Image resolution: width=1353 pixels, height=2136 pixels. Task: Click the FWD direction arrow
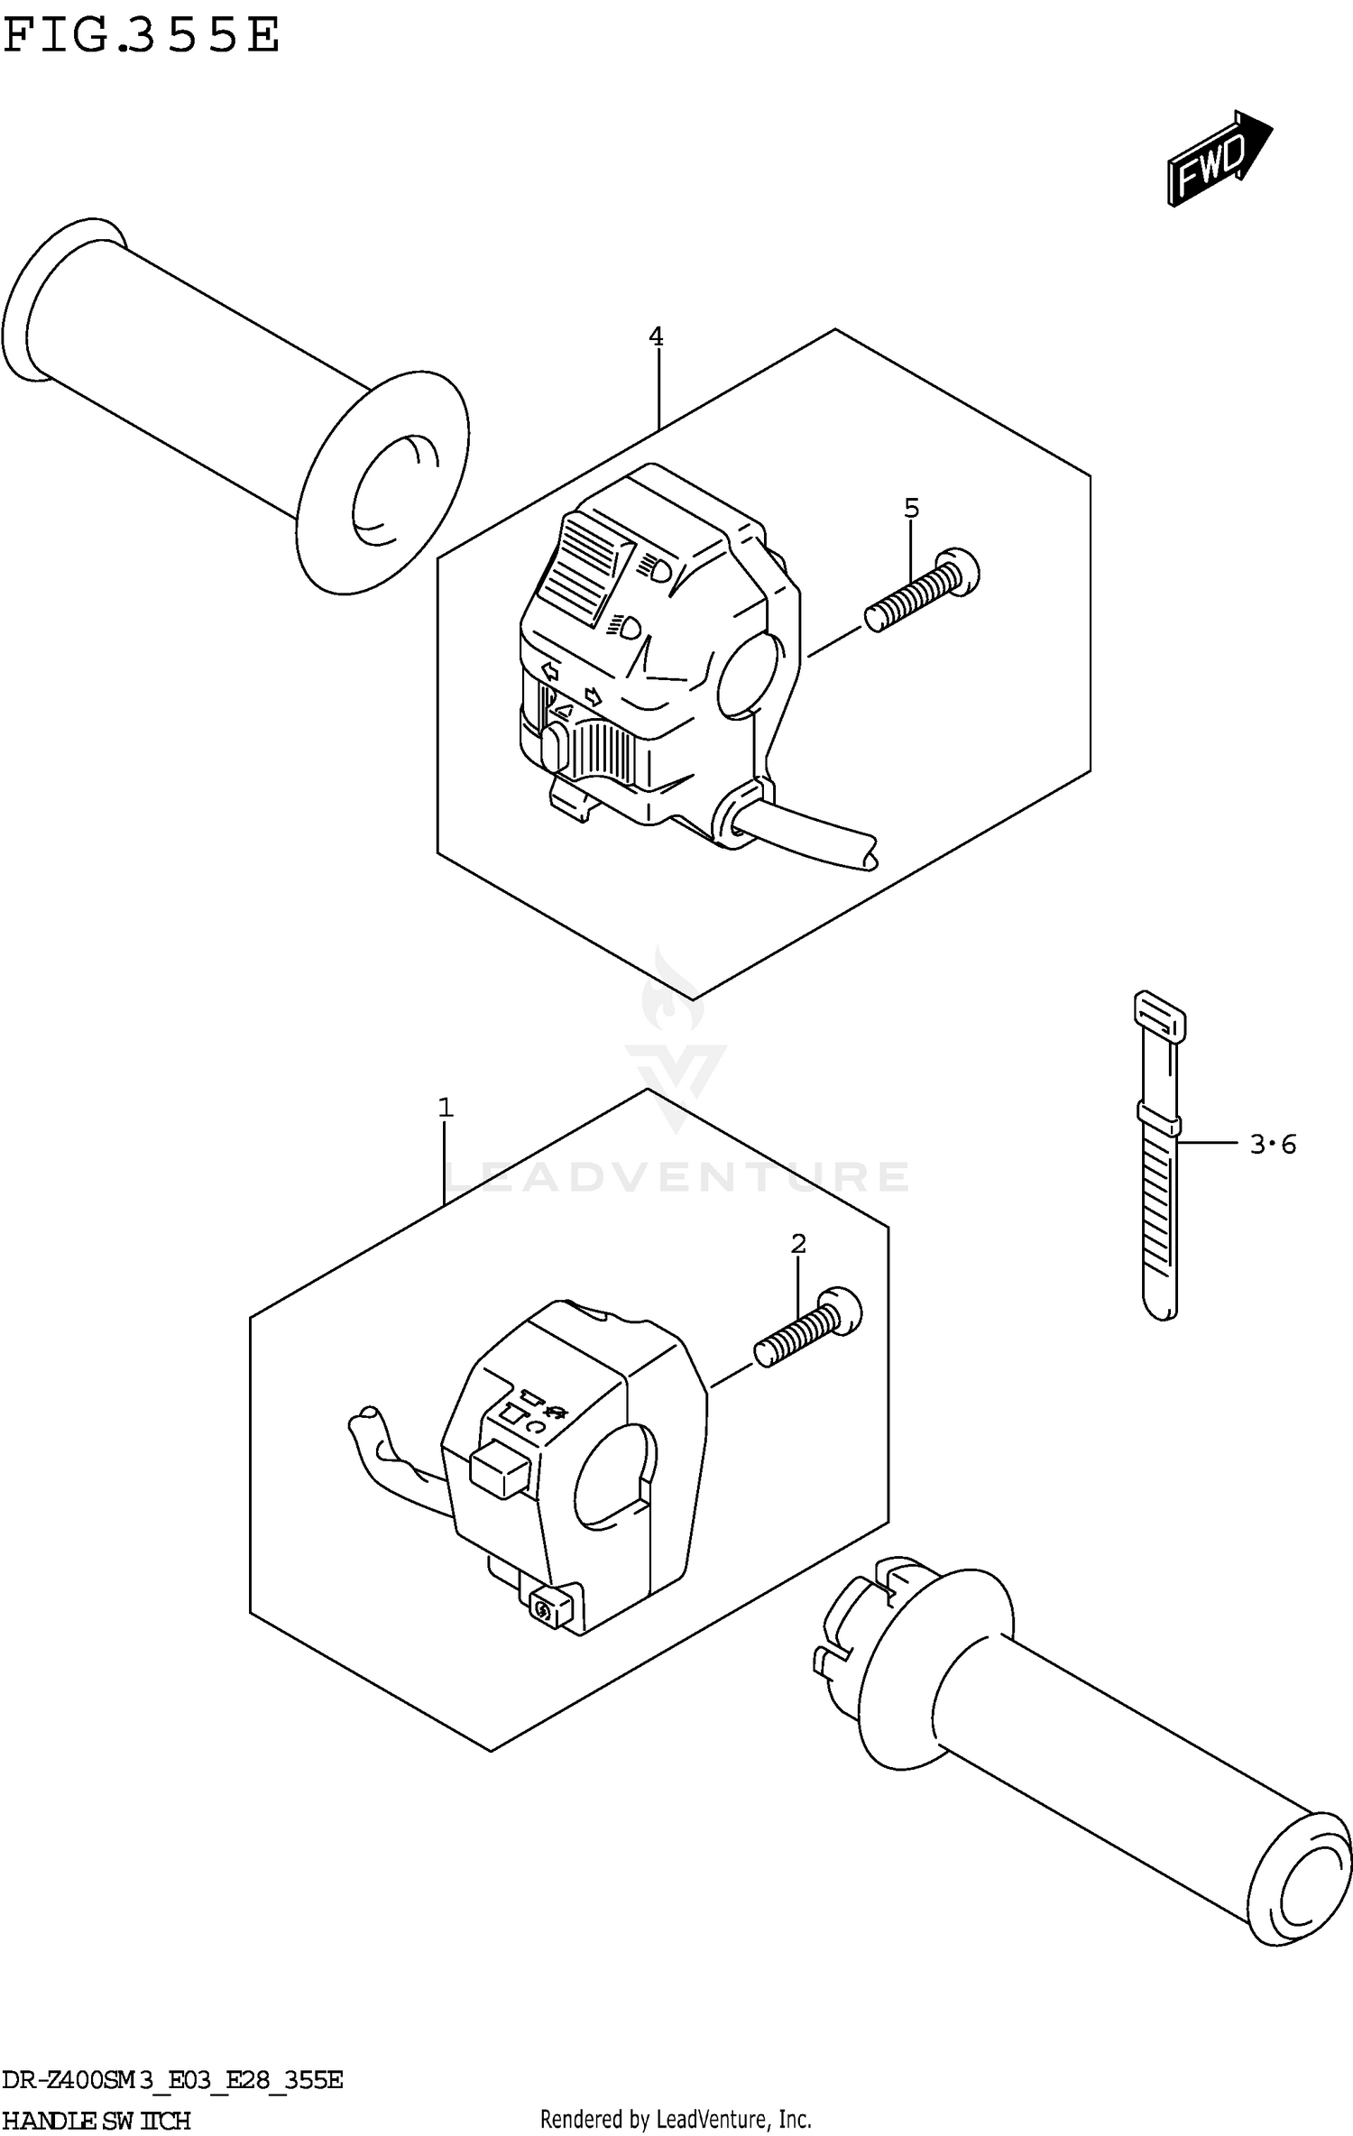(1218, 160)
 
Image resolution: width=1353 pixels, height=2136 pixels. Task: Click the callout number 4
(656, 337)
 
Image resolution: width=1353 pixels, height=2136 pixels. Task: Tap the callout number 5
(911, 509)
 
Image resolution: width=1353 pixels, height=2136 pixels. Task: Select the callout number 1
(445, 1108)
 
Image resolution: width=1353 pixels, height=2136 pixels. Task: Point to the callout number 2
(798, 1244)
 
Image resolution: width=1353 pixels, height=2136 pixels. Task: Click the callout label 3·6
(1273, 1145)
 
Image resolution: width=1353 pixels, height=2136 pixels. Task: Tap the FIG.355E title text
(142, 36)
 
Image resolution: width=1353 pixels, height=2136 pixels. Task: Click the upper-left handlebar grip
(216, 388)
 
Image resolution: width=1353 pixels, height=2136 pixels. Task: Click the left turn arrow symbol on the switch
(548, 672)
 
